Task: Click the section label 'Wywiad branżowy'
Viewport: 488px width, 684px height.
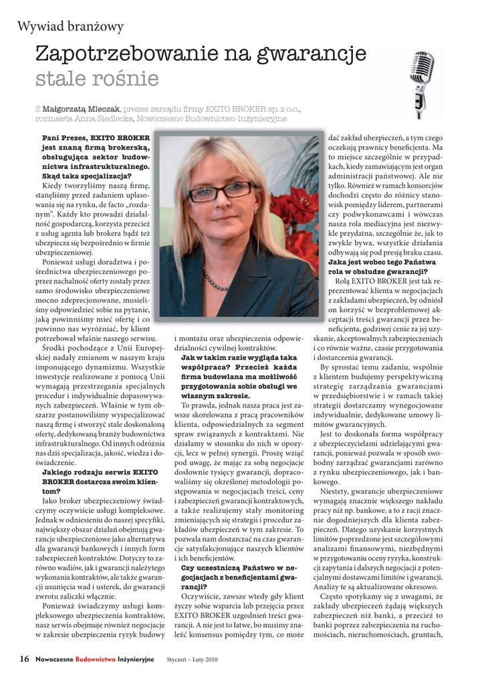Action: (x=70, y=27)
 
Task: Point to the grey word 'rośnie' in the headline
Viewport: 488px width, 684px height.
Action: (x=126, y=79)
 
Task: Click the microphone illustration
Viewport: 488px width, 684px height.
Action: (x=420, y=83)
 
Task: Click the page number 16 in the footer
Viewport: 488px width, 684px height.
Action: (x=24, y=659)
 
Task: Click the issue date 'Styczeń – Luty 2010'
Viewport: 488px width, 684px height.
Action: (x=193, y=660)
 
